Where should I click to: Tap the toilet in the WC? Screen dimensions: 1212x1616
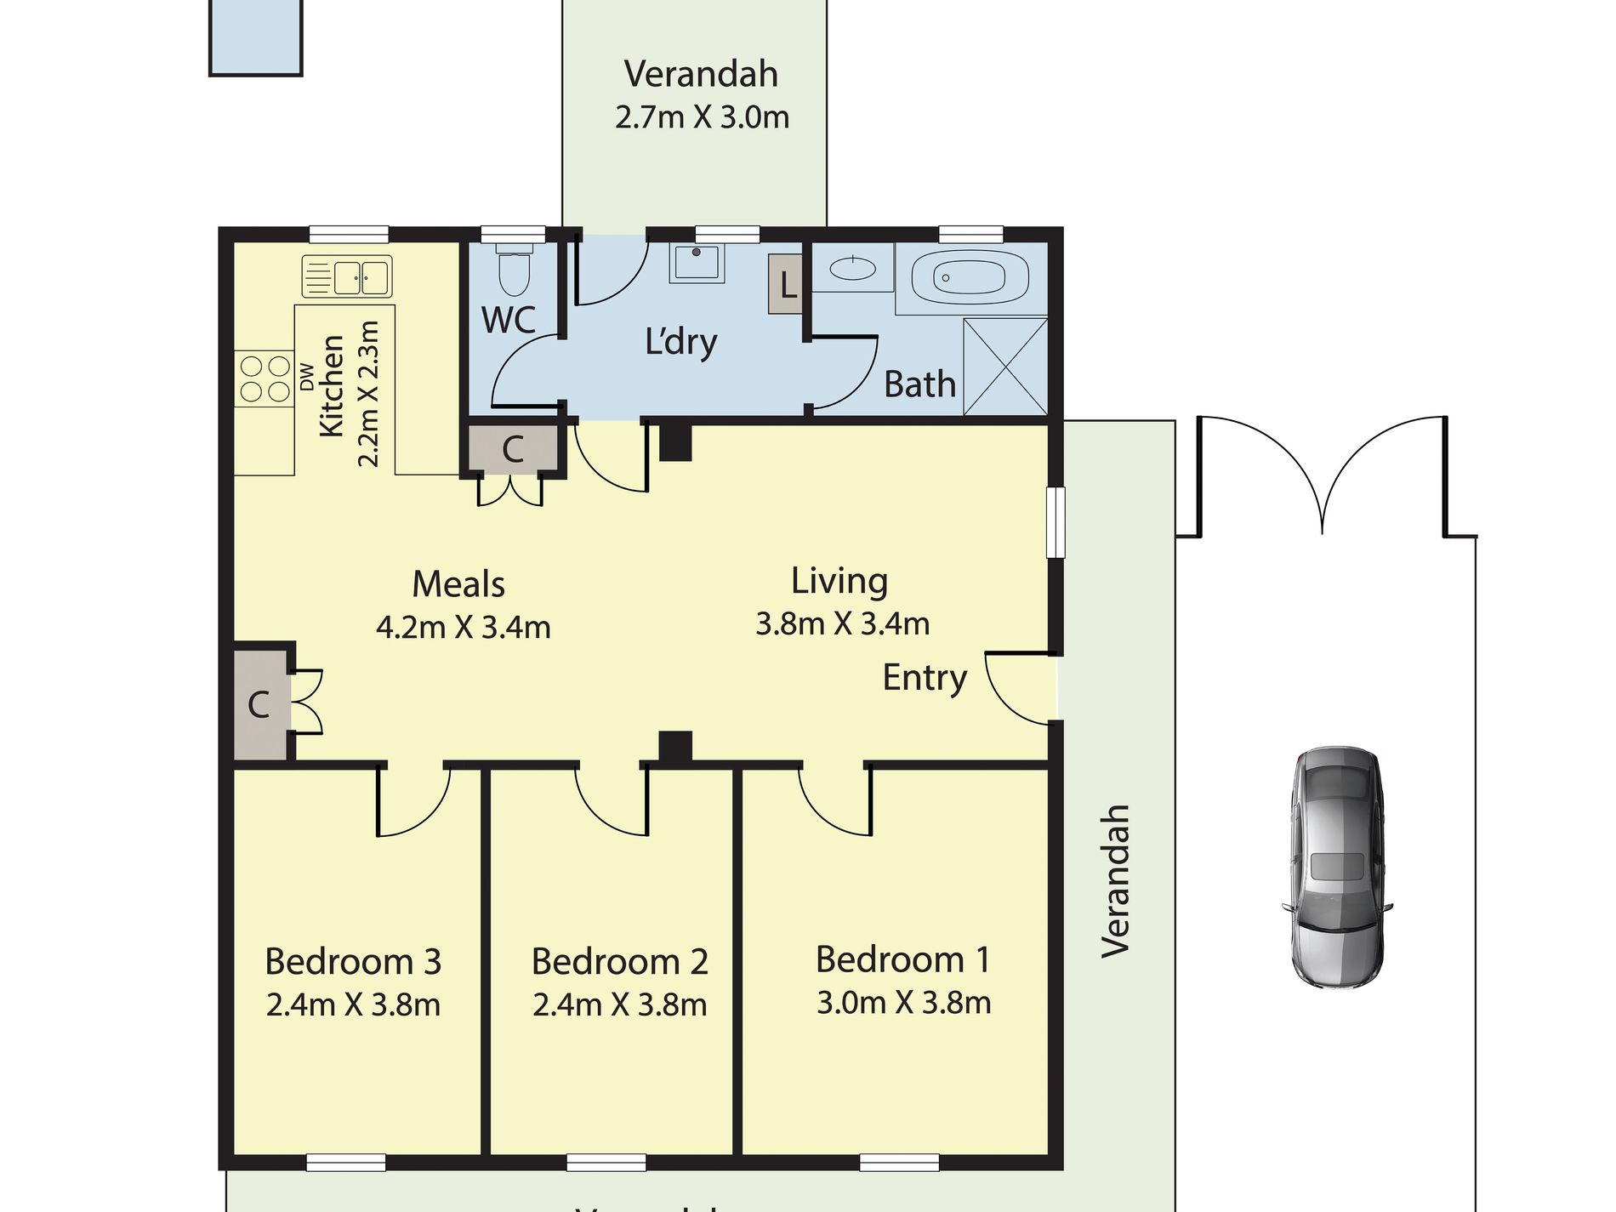pyautogui.click(x=513, y=269)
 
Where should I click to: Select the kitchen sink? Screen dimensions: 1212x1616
pyautogui.click(x=348, y=277)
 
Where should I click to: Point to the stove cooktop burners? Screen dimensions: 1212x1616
pyautogui.click(x=265, y=378)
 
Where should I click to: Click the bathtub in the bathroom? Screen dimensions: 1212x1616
pyautogui.click(x=970, y=277)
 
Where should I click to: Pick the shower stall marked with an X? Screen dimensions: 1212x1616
pyautogui.click(x=1004, y=367)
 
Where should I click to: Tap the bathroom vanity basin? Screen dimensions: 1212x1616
pyautogui.click(x=852, y=269)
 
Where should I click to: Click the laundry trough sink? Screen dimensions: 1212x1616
pyautogui.click(x=697, y=263)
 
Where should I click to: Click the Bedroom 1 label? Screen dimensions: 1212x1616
pyautogui.click(x=903, y=959)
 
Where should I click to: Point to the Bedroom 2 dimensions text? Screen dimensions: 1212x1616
pyautogui.click(x=619, y=1005)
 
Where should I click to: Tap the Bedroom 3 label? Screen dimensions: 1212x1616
pyautogui.click(x=353, y=962)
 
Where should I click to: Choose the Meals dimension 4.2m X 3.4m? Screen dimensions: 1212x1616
pyautogui.click(x=463, y=628)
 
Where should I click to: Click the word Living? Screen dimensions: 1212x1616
pyautogui.click(x=839, y=581)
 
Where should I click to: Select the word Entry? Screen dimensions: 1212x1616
pyautogui.click(x=925, y=678)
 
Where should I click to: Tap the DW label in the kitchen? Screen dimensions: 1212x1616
pyautogui.click(x=306, y=377)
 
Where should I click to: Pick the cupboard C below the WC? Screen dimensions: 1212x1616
pyautogui.click(x=513, y=448)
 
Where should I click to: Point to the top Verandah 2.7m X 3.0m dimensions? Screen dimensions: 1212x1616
pyautogui.click(x=702, y=117)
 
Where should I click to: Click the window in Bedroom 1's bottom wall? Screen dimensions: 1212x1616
pyautogui.click(x=899, y=1162)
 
